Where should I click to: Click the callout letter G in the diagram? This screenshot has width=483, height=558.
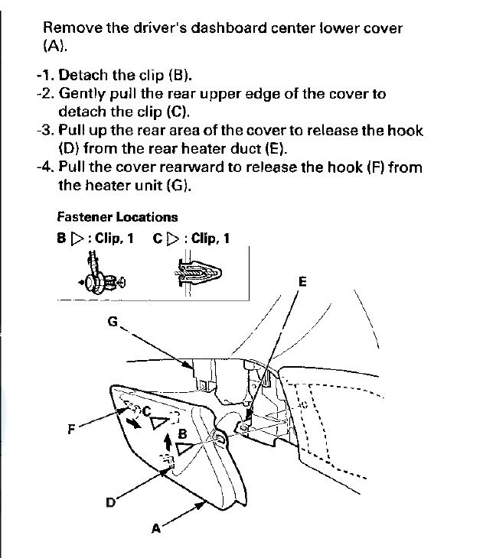pyautogui.click(x=113, y=322)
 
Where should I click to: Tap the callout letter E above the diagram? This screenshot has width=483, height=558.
pyautogui.click(x=302, y=281)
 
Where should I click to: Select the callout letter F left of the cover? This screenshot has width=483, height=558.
pyautogui.click(x=71, y=429)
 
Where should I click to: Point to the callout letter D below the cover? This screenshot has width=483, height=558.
pyautogui.click(x=110, y=502)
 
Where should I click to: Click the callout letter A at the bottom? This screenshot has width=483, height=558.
pyautogui.click(x=156, y=527)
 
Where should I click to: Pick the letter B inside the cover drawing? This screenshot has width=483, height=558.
pyautogui.click(x=182, y=433)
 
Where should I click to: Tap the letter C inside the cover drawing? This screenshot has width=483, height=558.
pyautogui.click(x=148, y=410)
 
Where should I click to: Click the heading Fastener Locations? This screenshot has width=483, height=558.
pyautogui.click(x=117, y=217)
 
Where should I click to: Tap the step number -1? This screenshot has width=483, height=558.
pyautogui.click(x=45, y=75)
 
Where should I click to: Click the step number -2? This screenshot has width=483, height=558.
pyautogui.click(x=45, y=94)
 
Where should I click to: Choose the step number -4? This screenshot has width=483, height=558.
pyautogui.click(x=45, y=167)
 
